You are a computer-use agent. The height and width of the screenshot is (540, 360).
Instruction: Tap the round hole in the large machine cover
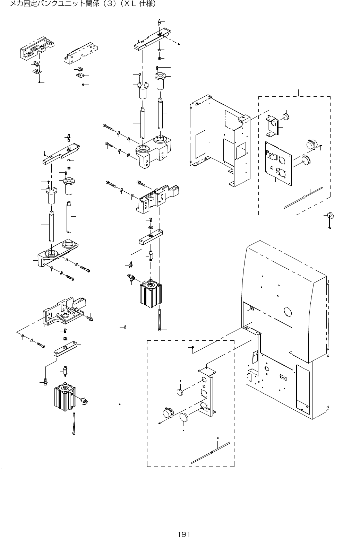point(288,311)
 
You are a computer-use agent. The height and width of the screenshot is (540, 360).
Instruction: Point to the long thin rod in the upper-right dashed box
point(303,198)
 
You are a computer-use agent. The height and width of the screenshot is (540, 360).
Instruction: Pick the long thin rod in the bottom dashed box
point(211,452)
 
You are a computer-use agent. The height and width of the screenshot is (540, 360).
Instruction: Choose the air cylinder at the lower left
point(65,397)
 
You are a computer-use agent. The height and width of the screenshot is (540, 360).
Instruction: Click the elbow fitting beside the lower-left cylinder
point(84,401)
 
